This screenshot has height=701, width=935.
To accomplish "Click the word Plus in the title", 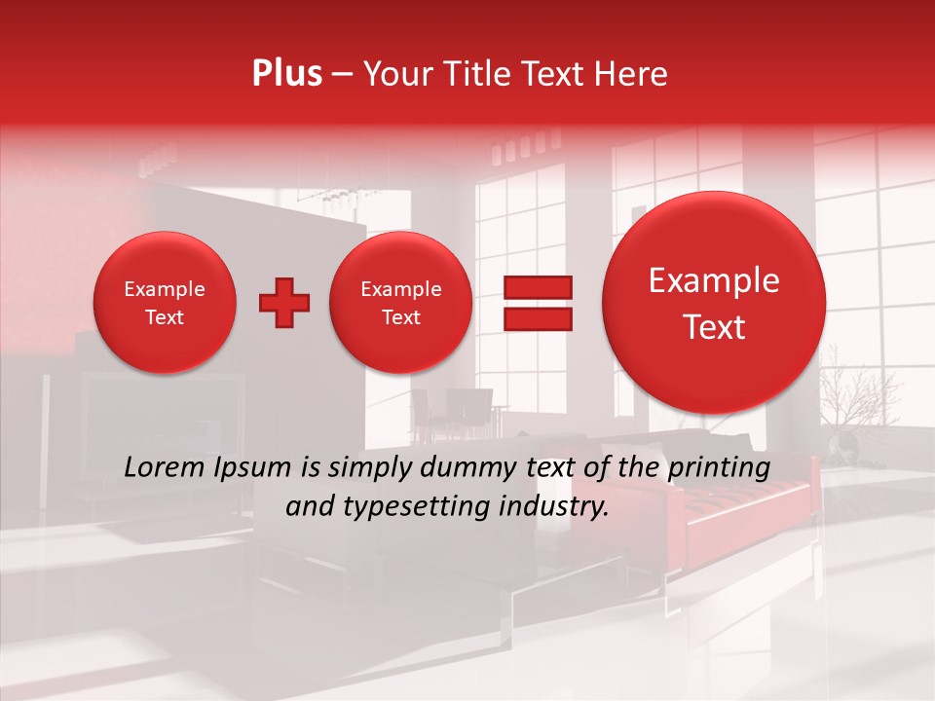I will click(286, 74).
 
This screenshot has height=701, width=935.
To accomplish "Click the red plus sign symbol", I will click(284, 303).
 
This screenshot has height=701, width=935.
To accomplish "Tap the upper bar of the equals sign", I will click(538, 287).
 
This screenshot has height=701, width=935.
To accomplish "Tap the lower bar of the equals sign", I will click(538, 318).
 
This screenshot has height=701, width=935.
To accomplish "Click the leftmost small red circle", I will click(165, 303).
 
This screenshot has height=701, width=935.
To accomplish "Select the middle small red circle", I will click(401, 303).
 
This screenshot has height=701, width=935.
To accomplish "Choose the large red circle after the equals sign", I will click(714, 303).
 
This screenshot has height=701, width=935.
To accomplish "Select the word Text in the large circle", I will click(714, 327).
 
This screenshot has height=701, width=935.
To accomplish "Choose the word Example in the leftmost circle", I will click(165, 289).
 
